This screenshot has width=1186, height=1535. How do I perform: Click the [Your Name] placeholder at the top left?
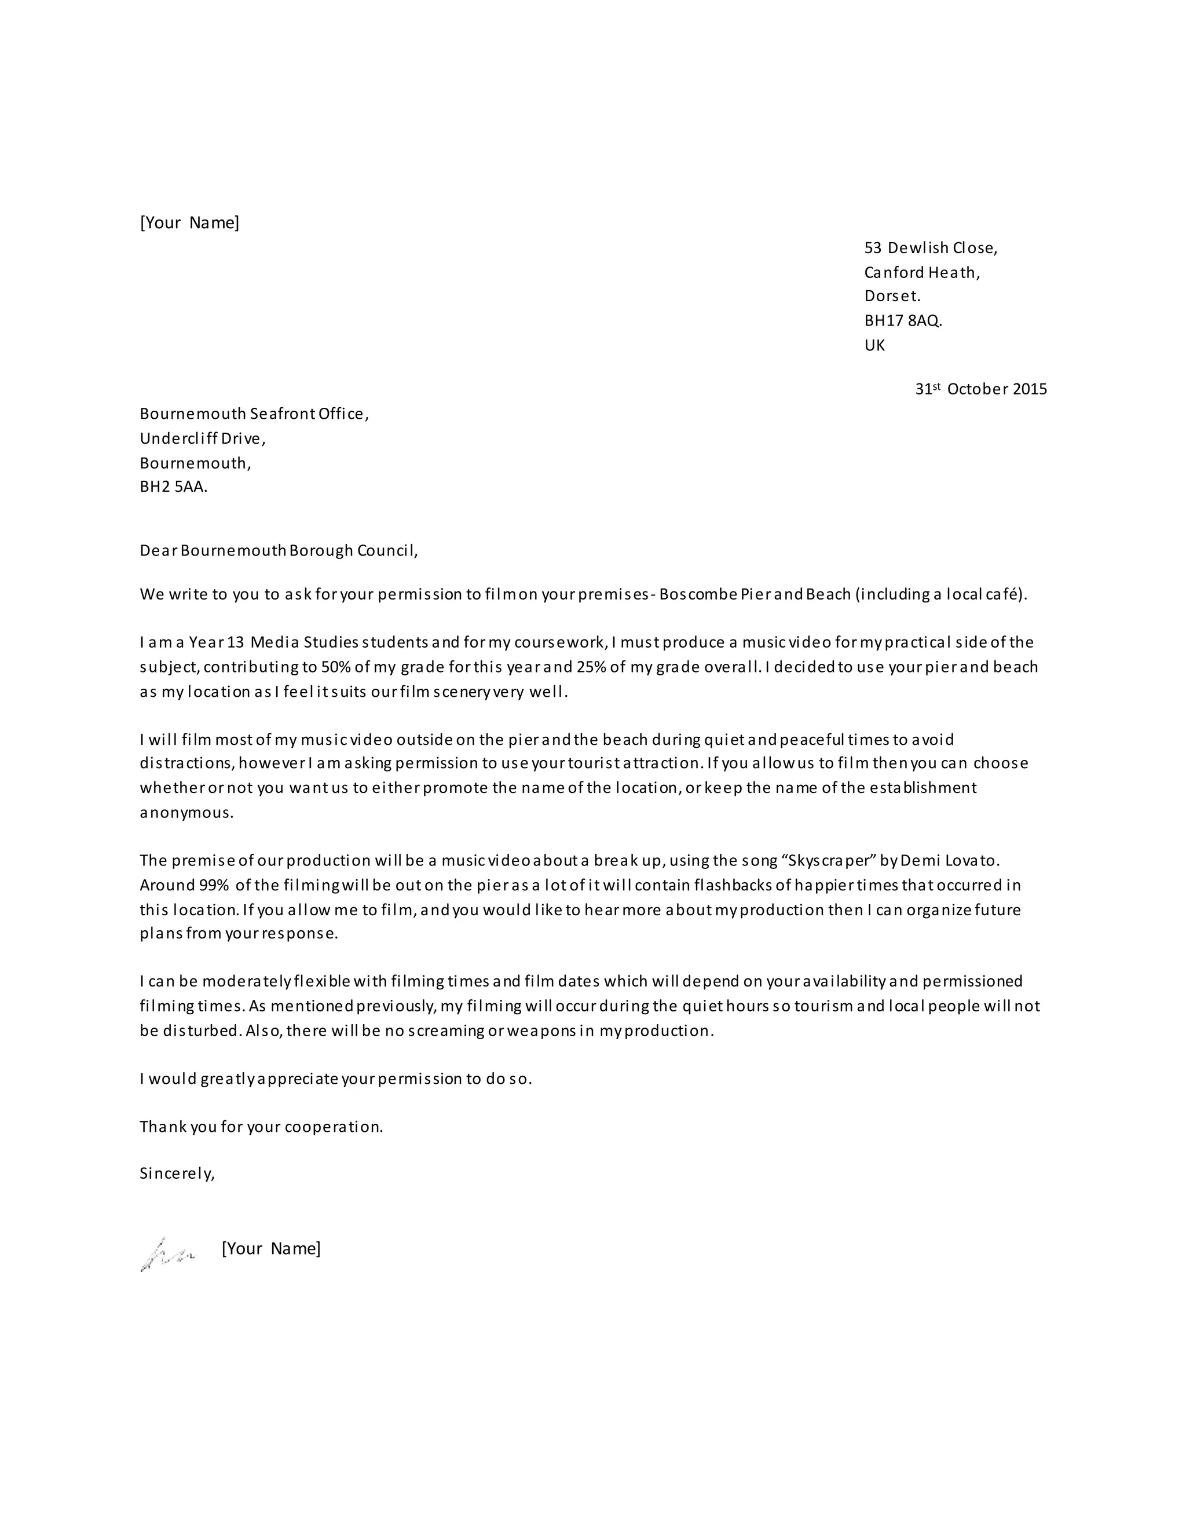pos(190,223)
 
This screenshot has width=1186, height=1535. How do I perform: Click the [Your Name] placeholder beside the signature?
pos(270,1248)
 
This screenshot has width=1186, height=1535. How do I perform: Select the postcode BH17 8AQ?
pos(903,320)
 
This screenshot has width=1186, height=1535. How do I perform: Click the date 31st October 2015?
pos(980,389)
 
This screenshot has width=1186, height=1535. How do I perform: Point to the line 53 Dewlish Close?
pos(930,247)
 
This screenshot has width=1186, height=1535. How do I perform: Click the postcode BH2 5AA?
pos(174,487)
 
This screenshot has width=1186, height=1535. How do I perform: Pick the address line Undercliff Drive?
pos(202,438)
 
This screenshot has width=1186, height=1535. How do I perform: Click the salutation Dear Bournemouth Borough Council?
pos(278,550)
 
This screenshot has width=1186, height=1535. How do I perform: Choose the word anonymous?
pos(186,813)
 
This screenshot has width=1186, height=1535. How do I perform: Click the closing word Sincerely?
pos(177,1173)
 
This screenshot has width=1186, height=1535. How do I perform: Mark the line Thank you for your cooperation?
pos(261,1127)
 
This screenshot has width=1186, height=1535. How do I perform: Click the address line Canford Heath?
pos(922,272)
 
